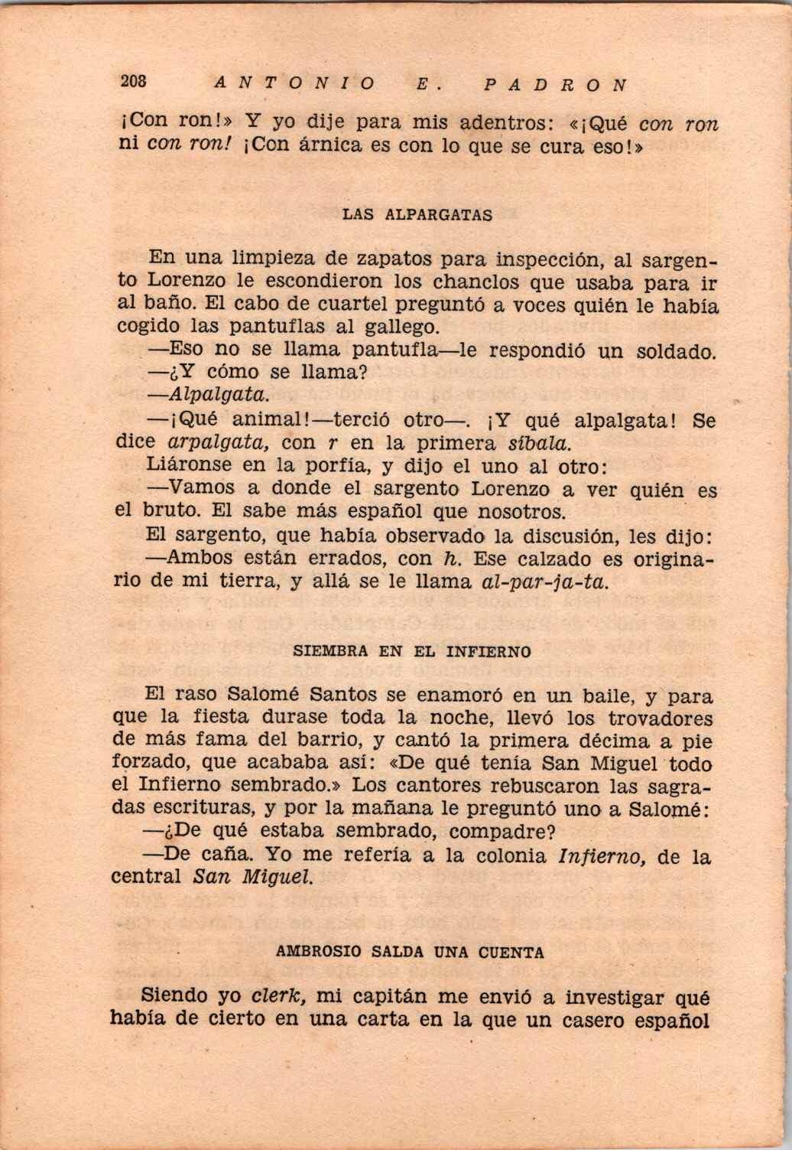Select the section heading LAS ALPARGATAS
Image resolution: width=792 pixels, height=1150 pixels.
417,215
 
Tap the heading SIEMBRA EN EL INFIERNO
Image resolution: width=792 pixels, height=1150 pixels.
412,653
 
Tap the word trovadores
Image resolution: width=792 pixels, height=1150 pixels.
661,718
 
